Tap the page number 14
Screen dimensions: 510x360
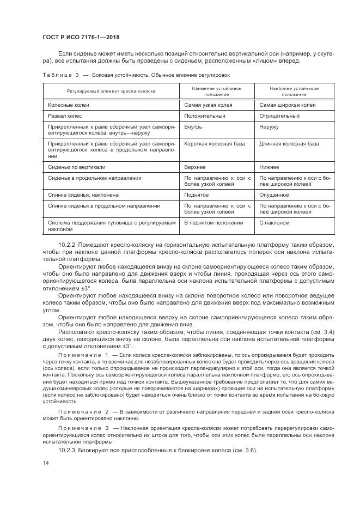point(46,463)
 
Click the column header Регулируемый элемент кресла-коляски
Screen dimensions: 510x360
point(111,91)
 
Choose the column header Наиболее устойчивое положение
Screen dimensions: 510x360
point(294,91)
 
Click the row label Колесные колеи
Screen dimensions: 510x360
point(69,105)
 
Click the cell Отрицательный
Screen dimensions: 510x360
point(279,116)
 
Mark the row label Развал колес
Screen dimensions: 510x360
point(68,116)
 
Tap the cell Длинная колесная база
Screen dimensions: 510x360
point(289,143)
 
